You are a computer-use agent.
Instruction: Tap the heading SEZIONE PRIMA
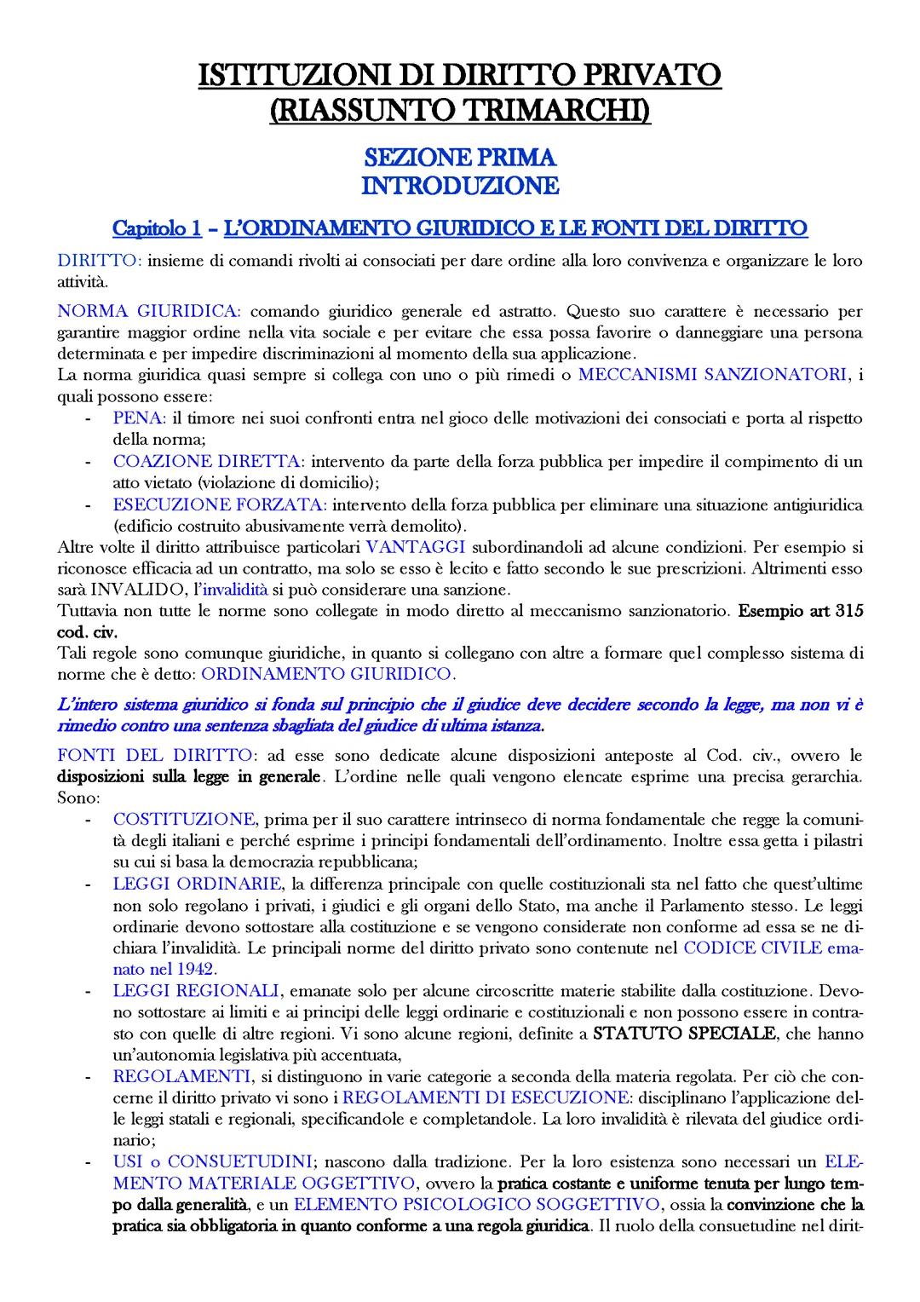click(460, 158)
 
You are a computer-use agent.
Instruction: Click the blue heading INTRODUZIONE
click(460, 185)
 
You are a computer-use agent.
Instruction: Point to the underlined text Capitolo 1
click(157, 228)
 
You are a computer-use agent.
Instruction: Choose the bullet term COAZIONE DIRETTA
click(207, 461)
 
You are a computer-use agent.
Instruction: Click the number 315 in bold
click(849, 610)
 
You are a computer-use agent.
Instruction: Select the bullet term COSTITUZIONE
click(184, 819)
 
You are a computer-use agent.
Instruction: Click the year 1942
click(197, 968)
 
